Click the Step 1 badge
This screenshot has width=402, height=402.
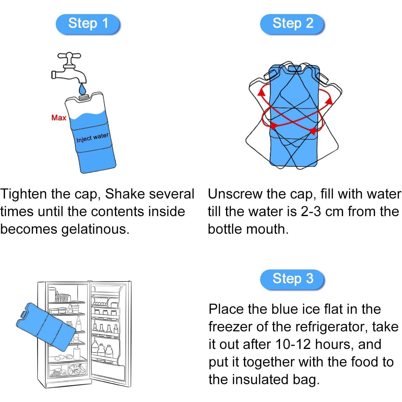coord(88,24)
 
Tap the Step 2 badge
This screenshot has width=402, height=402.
coord(292,24)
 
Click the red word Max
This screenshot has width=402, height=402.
coord(59,118)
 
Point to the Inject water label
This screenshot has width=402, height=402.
coord(92,138)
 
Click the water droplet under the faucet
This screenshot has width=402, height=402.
coord(82,89)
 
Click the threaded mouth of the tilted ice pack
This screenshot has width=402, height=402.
coord(85,97)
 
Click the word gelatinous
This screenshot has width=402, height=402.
coord(94,230)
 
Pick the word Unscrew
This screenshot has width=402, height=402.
coord(235,194)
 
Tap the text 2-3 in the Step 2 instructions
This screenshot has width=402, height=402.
coord(311,212)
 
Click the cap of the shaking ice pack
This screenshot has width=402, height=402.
coord(294,69)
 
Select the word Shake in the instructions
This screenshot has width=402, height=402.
coord(125,194)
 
